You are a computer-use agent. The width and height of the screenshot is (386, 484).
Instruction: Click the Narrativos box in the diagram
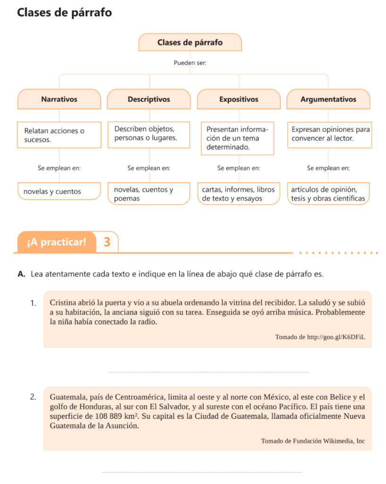click(59, 99)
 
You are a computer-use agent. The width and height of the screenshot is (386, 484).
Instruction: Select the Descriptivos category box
click(149, 99)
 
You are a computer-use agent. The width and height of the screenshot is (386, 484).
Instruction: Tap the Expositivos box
click(239, 99)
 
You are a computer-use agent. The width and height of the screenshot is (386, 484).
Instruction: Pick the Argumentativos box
click(328, 99)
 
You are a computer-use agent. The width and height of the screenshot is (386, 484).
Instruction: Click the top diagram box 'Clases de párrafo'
click(190, 43)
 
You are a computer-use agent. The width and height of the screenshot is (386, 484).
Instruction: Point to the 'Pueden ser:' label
click(190, 63)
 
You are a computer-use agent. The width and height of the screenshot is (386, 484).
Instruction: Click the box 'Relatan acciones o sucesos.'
click(59, 135)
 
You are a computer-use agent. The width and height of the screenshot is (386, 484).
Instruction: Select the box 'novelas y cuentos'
click(59, 192)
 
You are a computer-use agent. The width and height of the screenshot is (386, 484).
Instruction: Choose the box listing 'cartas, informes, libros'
click(238, 194)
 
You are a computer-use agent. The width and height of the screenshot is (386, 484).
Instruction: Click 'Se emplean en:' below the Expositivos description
click(239, 168)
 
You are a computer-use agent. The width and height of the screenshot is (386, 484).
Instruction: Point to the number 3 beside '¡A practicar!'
click(107, 242)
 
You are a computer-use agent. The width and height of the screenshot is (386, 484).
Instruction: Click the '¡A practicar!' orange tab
click(57, 242)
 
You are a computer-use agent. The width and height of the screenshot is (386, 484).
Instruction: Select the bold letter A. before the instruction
click(21, 274)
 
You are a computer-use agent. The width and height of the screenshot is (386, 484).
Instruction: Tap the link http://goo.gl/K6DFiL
click(336, 337)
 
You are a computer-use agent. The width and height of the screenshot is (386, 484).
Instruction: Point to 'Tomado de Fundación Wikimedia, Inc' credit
click(313, 441)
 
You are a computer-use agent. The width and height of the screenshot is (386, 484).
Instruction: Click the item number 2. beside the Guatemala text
click(33, 397)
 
